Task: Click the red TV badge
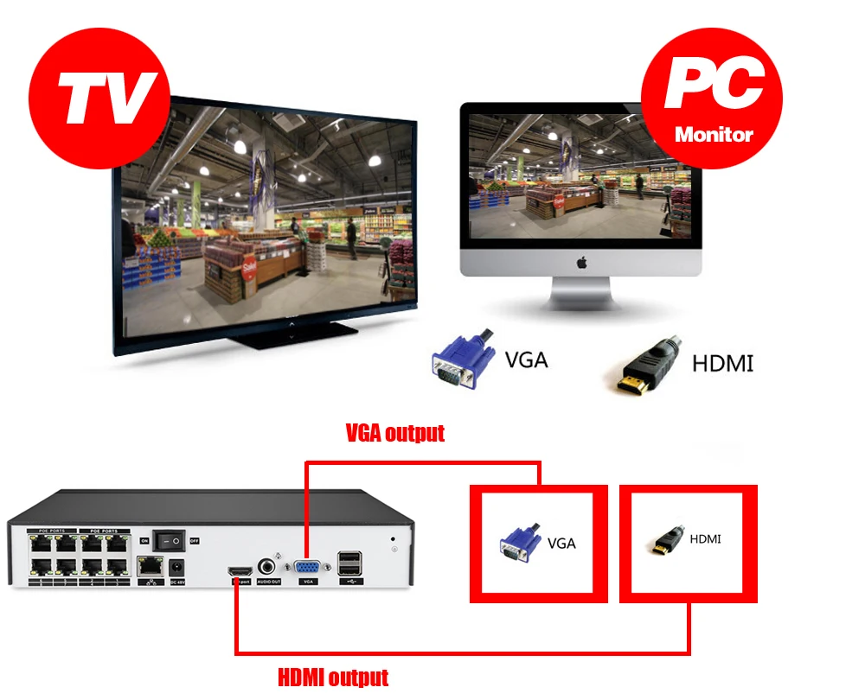[98, 92]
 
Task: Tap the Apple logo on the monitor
[580, 261]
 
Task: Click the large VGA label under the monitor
[526, 359]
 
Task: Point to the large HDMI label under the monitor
[722, 363]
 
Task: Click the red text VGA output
[394, 433]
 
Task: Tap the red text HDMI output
[333, 677]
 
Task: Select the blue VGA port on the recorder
[307, 569]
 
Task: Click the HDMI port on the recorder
[240, 571]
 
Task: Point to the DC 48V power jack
[179, 568]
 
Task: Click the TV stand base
[298, 336]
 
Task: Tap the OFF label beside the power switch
[195, 541]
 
